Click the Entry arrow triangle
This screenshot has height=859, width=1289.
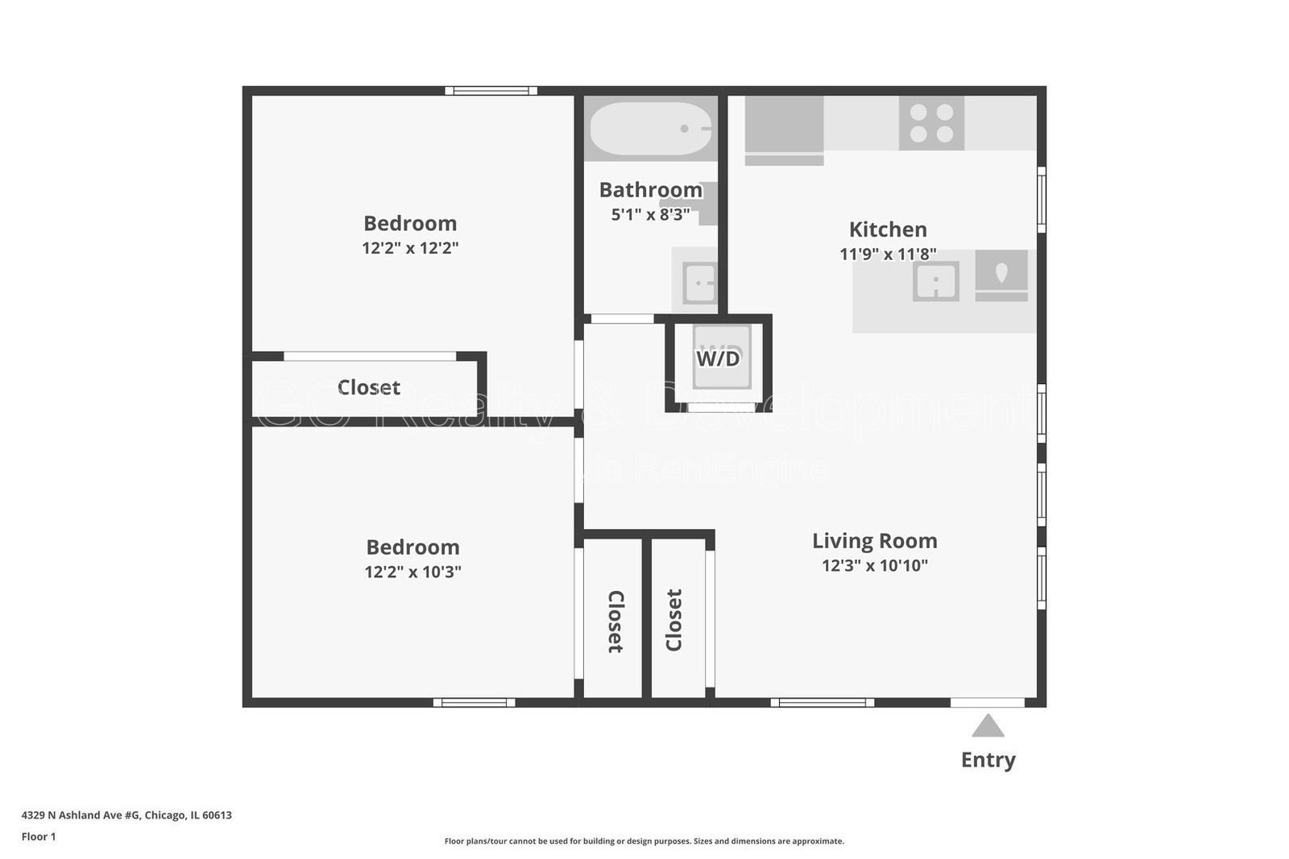(988, 727)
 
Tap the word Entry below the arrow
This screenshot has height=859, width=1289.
(988, 759)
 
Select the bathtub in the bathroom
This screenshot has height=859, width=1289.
(651, 129)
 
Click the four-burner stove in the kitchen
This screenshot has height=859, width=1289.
(931, 123)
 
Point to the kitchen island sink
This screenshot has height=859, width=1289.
(935, 282)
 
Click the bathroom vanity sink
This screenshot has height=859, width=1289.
(698, 283)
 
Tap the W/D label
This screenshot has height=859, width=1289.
(718, 358)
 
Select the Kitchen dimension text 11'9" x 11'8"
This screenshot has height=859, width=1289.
(888, 254)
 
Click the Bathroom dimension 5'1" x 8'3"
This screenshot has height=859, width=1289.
(650, 215)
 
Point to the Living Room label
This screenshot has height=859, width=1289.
(874, 541)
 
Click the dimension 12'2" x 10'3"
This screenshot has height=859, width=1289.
(412, 572)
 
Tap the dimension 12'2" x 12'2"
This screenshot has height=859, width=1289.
(410, 248)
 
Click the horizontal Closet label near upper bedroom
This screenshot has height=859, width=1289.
(368, 387)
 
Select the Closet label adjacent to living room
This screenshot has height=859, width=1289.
(674, 620)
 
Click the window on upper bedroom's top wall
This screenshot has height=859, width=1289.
(491, 91)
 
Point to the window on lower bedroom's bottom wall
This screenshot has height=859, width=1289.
(474, 703)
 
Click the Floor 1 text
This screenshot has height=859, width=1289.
(39, 836)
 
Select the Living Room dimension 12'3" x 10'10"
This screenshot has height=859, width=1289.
(874, 566)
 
